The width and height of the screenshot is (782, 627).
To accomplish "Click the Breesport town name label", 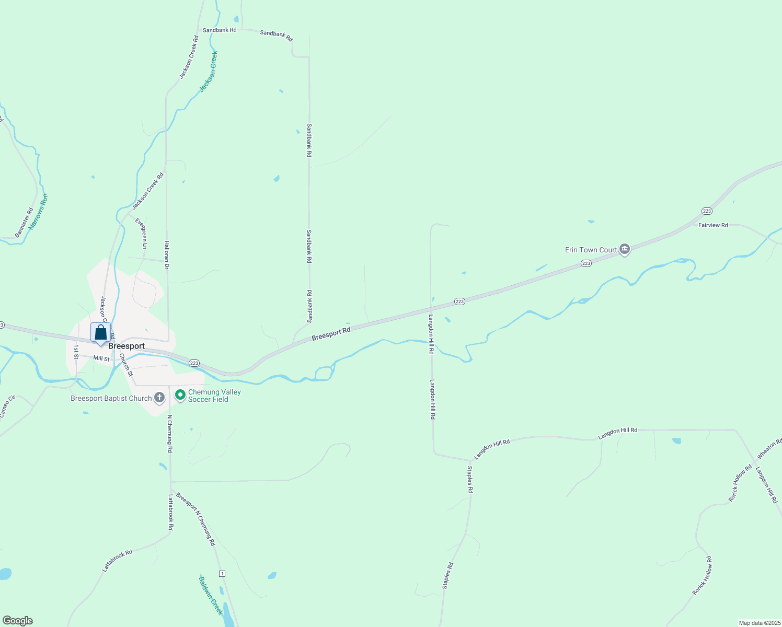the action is (x=126, y=346).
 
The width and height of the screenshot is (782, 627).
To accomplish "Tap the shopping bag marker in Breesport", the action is (x=100, y=333).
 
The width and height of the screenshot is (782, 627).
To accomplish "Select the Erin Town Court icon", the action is (x=624, y=250).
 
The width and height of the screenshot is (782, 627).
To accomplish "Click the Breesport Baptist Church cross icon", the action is (x=159, y=398).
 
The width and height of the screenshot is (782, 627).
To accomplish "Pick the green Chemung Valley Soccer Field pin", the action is (x=180, y=395).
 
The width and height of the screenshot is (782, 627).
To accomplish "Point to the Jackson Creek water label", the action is (x=209, y=72).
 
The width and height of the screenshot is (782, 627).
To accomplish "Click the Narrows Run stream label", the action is (x=38, y=212).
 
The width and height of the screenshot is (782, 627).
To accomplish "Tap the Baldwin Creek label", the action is (x=211, y=596).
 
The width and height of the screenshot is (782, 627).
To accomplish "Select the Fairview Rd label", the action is (x=713, y=225).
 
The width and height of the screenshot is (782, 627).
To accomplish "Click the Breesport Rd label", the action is (x=331, y=334).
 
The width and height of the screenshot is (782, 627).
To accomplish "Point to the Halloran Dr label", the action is (x=167, y=255).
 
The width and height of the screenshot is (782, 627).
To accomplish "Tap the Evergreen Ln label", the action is (x=141, y=233).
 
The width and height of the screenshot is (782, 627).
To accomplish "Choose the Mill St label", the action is (x=101, y=358).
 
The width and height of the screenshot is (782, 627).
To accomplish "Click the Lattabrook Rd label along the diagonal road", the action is (x=118, y=560).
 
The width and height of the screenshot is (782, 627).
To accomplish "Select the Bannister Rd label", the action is (x=24, y=223).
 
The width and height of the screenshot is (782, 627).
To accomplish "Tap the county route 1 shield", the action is (x=223, y=574).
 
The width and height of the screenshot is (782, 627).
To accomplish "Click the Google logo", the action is (x=18, y=621).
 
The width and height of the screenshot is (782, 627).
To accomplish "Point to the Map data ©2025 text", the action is (x=758, y=623).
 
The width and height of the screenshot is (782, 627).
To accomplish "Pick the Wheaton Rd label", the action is (x=769, y=449).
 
